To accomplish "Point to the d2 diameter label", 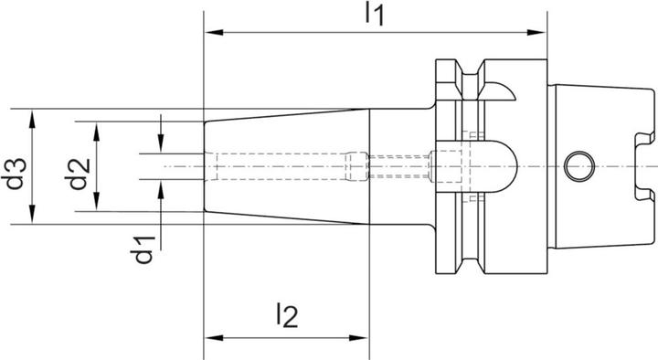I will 79,166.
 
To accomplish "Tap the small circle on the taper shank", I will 577,166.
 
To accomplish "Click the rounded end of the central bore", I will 512,166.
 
